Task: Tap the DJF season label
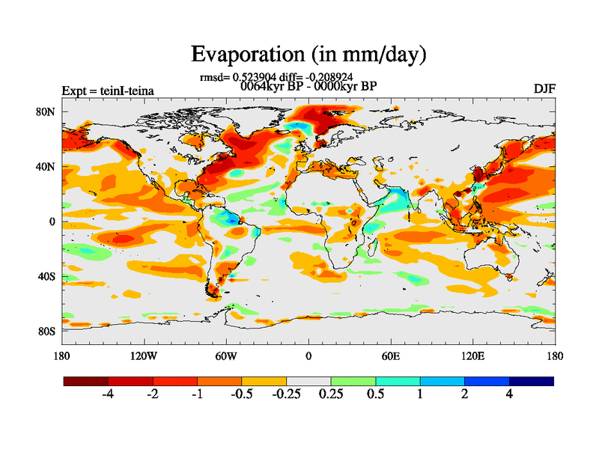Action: tap(544, 89)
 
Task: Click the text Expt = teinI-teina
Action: tap(108, 91)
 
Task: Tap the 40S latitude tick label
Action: tap(46, 276)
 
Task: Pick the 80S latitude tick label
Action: tap(46, 331)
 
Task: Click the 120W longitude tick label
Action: tap(144, 355)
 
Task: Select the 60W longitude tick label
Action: tap(226, 355)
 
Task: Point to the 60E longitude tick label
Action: tap(391, 355)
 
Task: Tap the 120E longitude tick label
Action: tap(473, 355)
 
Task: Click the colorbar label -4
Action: tap(108, 394)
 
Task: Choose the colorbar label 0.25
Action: tap(331, 394)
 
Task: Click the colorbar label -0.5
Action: tap(241, 394)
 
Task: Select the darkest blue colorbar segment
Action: tap(532, 381)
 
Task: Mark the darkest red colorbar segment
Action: tap(86, 381)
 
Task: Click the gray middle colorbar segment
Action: tap(308, 381)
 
